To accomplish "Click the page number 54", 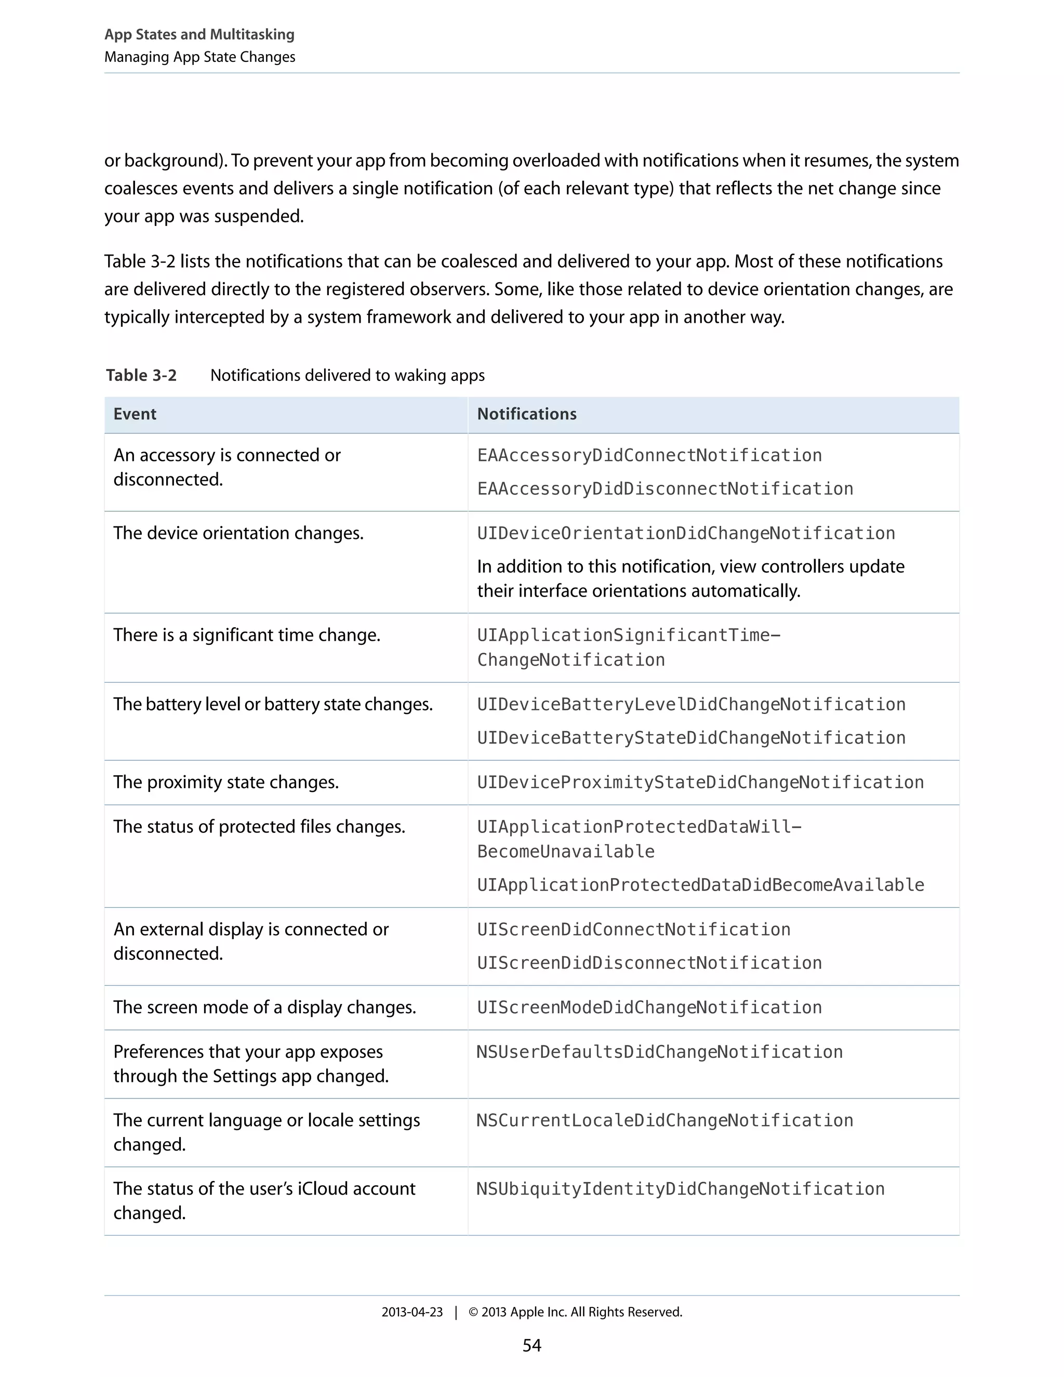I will tap(531, 1345).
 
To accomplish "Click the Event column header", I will tap(135, 414).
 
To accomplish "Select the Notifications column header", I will tap(526, 414).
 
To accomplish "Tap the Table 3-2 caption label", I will tap(141, 375).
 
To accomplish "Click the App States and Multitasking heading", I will tap(199, 35).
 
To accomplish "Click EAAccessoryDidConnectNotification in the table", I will tap(649, 455).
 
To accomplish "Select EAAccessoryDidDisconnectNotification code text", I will tap(665, 488).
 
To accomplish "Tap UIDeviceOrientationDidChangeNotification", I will tap(686, 534).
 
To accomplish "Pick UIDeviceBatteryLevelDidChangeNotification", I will tap(691, 704).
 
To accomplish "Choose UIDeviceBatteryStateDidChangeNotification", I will tap(691, 738).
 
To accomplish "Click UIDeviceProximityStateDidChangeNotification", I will tap(700, 783).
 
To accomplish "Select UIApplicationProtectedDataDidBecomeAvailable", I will tap(700, 885).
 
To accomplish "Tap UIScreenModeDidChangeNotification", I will tap(649, 1008).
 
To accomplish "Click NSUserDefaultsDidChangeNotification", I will tap(659, 1052).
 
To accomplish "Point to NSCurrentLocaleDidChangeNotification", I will tap(664, 1120).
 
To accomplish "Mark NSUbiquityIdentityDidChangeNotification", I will tap(680, 1189).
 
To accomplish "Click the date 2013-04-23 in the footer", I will tap(411, 1312).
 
